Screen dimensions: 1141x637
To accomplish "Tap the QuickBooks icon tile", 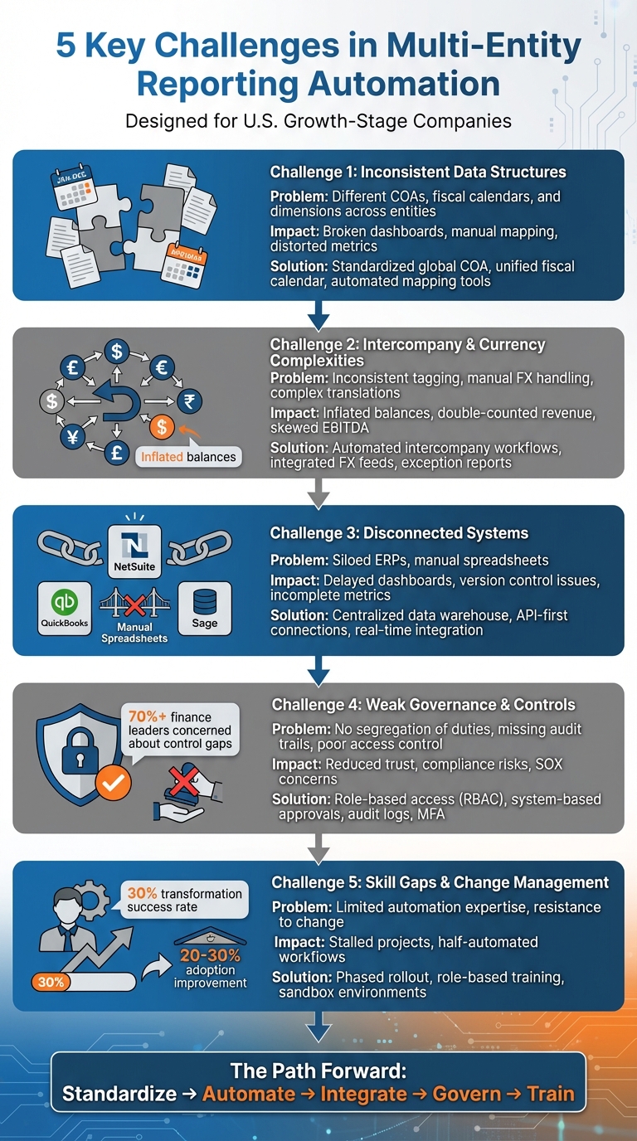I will click(65, 609).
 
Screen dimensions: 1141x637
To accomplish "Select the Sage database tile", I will click(204, 609).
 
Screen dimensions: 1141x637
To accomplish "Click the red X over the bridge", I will click(134, 602).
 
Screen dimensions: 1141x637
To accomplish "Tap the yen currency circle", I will click(73, 437).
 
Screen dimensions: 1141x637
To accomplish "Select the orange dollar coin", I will click(163, 427).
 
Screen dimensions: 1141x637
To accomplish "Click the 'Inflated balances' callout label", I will click(188, 457).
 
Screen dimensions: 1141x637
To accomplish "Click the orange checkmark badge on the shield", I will click(113, 782).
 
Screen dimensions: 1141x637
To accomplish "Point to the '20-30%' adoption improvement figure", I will click(210, 955).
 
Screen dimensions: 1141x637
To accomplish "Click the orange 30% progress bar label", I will click(51, 982).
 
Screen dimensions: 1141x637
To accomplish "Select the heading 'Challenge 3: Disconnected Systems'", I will click(399, 533).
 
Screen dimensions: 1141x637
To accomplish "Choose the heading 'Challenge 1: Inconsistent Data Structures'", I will click(418, 172).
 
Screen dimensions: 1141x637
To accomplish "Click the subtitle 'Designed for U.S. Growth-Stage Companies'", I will click(318, 121).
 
